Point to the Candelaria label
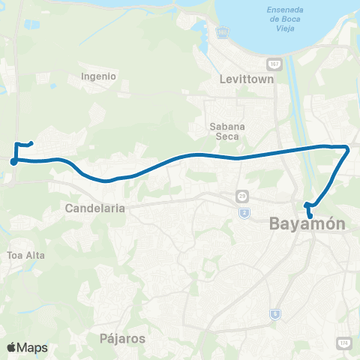pyautogui.click(x=94, y=207)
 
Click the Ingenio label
pyautogui.click(x=99, y=76)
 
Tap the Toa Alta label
pyautogui.click(x=26, y=255)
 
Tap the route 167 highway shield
pyautogui.click(x=276, y=64)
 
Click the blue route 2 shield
pyautogui.click(x=244, y=213)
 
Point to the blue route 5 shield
pyautogui.click(x=275, y=313)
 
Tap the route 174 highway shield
pyautogui.click(x=344, y=343)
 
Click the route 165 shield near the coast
pyautogui.click(x=221, y=32)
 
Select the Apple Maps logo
pyautogui.click(x=27, y=347)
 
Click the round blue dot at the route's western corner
pyautogui.click(x=13, y=160)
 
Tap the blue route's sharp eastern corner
pyautogui.click(x=347, y=148)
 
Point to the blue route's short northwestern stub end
pyautogui.click(x=31, y=142)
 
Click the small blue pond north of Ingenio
pyautogui.click(x=31, y=25)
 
